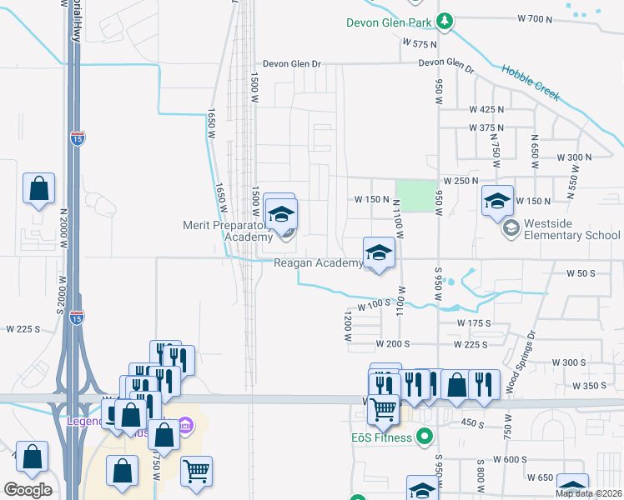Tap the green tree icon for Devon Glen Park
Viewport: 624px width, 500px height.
[x=445, y=21]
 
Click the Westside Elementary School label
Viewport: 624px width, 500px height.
[x=572, y=235]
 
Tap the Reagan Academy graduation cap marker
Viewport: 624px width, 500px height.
[x=378, y=252]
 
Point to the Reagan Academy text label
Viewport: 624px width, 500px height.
[x=319, y=263]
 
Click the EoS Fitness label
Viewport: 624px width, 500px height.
[x=381, y=437]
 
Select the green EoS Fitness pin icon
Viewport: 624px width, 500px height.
[x=425, y=436]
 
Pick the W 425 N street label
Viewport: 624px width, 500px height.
[x=487, y=109]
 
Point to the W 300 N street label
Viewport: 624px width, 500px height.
[x=574, y=157]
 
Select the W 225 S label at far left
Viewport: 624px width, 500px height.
[x=23, y=329]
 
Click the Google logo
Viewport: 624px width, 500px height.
[x=28, y=490]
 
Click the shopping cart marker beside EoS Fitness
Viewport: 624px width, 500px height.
[x=383, y=408]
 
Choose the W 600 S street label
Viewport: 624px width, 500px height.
[x=510, y=459]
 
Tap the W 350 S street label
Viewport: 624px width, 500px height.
[x=591, y=386]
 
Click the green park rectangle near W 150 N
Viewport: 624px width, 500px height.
[x=416, y=197]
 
